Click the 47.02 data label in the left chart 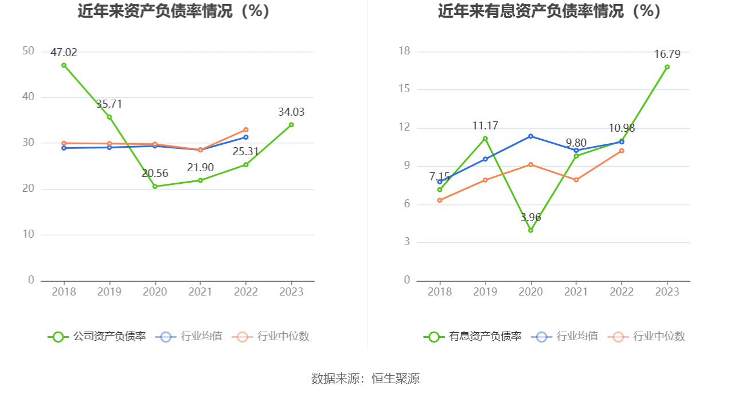point(64,53)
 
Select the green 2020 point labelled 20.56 point(155,187)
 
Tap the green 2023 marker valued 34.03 point(291,125)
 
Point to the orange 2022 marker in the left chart point(246,129)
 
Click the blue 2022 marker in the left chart point(246,137)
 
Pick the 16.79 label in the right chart point(667,54)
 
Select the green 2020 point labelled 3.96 point(531,230)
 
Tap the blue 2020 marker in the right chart point(531,136)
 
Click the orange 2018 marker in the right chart point(440,200)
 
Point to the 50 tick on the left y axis point(29,51)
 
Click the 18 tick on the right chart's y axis point(404,51)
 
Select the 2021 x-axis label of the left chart point(200,291)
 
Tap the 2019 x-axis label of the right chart point(485,291)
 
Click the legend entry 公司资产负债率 point(97,336)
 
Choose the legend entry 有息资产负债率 point(472,336)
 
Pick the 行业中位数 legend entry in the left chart point(271,336)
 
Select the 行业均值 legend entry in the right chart point(565,336)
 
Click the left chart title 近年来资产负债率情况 point(155,11)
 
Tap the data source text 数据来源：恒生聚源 point(365,379)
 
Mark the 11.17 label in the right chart point(485,126)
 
